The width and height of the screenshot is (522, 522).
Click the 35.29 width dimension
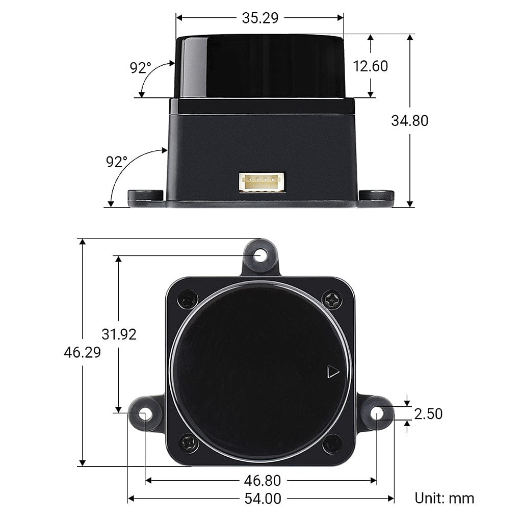coord(260,18)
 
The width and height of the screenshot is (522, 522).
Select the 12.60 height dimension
coord(371,66)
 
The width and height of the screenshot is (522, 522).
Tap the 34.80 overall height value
coord(409,121)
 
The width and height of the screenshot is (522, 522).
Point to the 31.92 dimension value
coord(119,334)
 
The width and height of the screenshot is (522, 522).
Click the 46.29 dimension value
coord(82,352)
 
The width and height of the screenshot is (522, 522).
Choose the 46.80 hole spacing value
coord(262,481)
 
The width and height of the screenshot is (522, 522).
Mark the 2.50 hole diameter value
coord(428,413)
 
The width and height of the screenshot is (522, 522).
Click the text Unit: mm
coord(444,498)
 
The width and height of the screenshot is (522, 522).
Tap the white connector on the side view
coord(262,182)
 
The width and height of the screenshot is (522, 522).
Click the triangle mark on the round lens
coord(333,372)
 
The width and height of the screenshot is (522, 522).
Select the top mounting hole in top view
coord(260,255)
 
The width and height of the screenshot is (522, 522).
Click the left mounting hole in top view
coord(145,413)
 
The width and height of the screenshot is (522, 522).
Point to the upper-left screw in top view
coord(188,299)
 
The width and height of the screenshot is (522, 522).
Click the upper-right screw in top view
coord(332,299)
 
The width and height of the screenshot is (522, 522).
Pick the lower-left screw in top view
coord(189,443)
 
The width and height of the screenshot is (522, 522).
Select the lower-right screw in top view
coord(333,443)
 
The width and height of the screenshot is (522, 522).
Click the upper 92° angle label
coord(140,68)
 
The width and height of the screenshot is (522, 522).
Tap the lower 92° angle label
coord(116,162)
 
